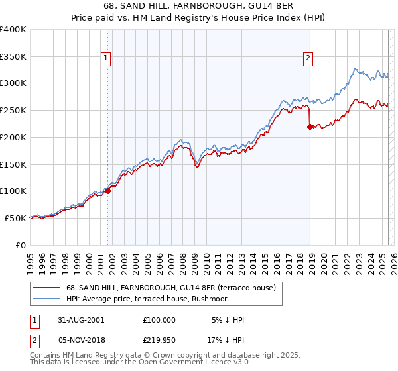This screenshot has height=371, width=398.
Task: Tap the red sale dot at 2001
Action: click(108, 191)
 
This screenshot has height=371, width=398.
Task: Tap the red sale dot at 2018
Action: click(310, 127)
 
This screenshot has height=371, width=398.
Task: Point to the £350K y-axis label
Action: click(13, 57)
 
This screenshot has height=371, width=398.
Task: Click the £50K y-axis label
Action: click(15, 218)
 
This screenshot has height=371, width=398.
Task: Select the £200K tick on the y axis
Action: click(13, 137)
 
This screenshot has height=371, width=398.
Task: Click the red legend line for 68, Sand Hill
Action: click(46, 288)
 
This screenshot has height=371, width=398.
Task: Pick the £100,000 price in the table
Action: click(159, 320)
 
